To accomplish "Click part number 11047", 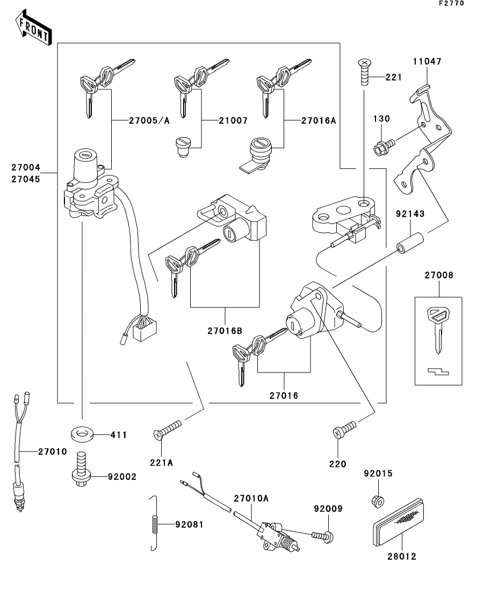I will [x=427, y=62].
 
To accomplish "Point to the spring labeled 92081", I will [x=154, y=524].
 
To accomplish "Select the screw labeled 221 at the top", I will [x=365, y=73].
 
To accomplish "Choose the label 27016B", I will [x=225, y=331].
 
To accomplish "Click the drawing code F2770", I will [x=451, y=3].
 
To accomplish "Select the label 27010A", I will [x=251, y=498].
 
